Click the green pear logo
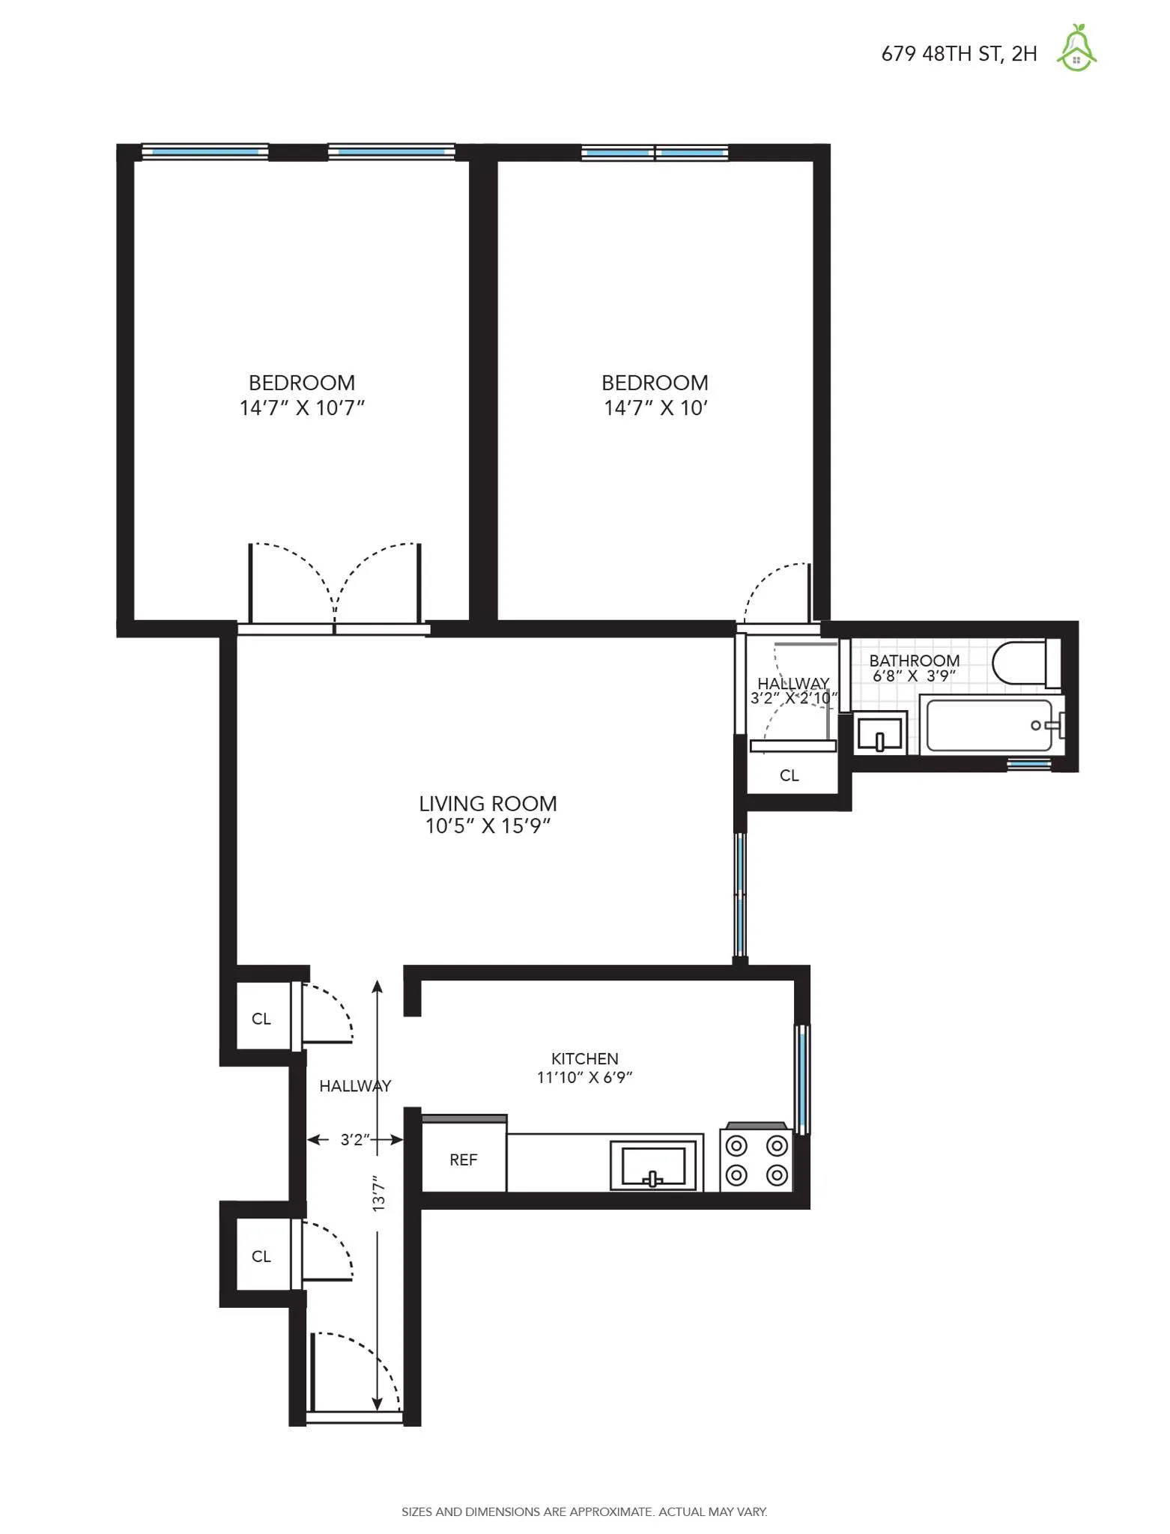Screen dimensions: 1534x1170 [1076, 49]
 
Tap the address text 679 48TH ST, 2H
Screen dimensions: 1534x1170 [959, 54]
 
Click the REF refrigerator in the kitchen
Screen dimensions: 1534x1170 [464, 1159]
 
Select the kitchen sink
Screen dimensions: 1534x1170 [654, 1165]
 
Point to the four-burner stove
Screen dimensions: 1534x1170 [757, 1160]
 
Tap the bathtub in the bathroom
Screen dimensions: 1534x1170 [989, 725]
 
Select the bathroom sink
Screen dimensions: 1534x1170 [880, 733]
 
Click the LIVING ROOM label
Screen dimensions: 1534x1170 [488, 804]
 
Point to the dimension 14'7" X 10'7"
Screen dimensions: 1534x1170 [302, 408]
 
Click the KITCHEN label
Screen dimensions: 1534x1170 [584, 1058]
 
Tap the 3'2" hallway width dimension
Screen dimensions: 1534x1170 [355, 1139]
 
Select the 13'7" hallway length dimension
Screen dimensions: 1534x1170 [379, 1193]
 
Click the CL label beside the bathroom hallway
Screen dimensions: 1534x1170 [789, 775]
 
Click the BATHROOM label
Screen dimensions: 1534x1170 [914, 660]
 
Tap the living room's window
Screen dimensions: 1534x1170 [740, 895]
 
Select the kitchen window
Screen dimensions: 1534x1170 [802, 1079]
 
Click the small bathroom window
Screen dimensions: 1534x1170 [1028, 764]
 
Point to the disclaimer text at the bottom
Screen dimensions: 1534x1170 [584, 1512]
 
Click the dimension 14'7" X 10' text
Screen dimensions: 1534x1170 [655, 408]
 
